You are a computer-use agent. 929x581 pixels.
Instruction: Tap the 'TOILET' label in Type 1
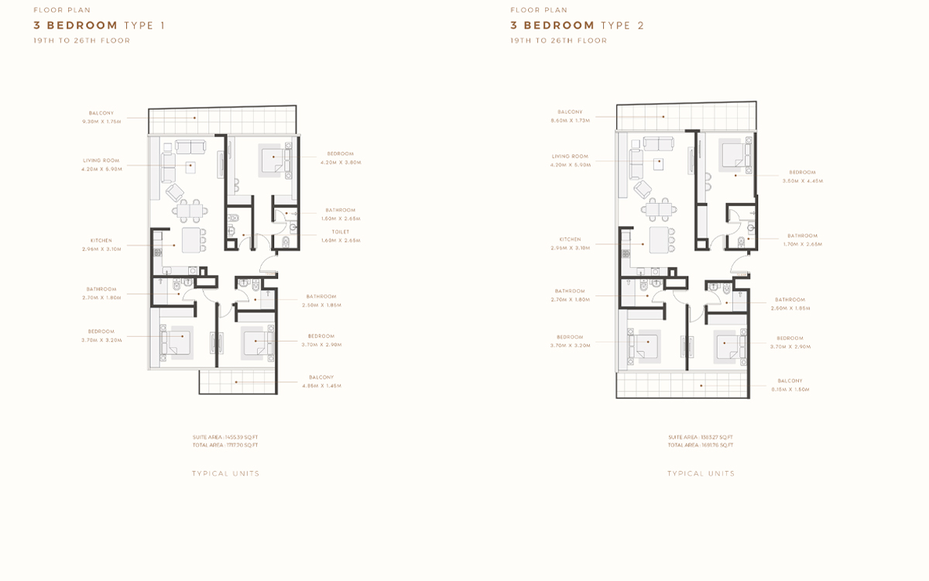[341, 232]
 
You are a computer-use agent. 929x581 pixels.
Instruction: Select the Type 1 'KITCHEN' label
[101, 240]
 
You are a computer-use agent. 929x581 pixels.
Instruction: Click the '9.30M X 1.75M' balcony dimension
[101, 122]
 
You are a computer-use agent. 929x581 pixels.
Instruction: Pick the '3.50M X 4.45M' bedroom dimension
[803, 180]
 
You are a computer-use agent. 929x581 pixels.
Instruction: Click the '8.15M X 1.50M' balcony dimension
[790, 389]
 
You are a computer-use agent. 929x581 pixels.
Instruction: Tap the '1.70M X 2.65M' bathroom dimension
[803, 244]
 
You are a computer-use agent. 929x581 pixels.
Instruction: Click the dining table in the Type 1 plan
[190, 210]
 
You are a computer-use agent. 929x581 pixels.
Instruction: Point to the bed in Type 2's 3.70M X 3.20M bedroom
[645, 343]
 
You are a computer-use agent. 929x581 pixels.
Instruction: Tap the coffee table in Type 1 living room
[190, 167]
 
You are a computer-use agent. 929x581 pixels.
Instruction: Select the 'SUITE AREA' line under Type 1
[225, 438]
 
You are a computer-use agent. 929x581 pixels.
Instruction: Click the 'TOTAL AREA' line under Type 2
[701, 445]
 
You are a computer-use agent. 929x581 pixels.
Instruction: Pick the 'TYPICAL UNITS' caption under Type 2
[701, 473]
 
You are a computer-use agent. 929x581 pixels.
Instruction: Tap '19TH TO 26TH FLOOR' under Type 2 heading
[558, 40]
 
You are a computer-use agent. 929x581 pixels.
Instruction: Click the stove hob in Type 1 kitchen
[157, 252]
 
